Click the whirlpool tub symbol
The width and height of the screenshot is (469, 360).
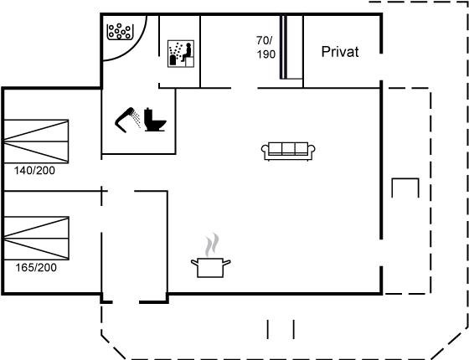[120, 32]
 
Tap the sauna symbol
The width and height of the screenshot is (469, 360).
[181, 54]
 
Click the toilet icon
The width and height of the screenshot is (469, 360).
[155, 120]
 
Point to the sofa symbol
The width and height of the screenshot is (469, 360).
[288, 151]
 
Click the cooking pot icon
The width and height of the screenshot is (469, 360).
[210, 267]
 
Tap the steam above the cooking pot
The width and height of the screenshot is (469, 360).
[212, 244]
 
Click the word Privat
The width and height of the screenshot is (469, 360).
[340, 52]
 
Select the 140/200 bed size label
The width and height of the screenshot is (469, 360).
[34, 171]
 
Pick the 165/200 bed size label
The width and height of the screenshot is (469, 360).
[36, 267]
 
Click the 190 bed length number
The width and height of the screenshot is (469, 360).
[266, 54]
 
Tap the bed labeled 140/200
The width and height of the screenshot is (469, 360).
[36, 141]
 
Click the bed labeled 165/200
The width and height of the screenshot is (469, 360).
[37, 239]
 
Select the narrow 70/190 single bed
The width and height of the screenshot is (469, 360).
[291, 47]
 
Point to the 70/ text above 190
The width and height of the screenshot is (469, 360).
[265, 40]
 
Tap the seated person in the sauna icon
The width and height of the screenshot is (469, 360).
[188, 53]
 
